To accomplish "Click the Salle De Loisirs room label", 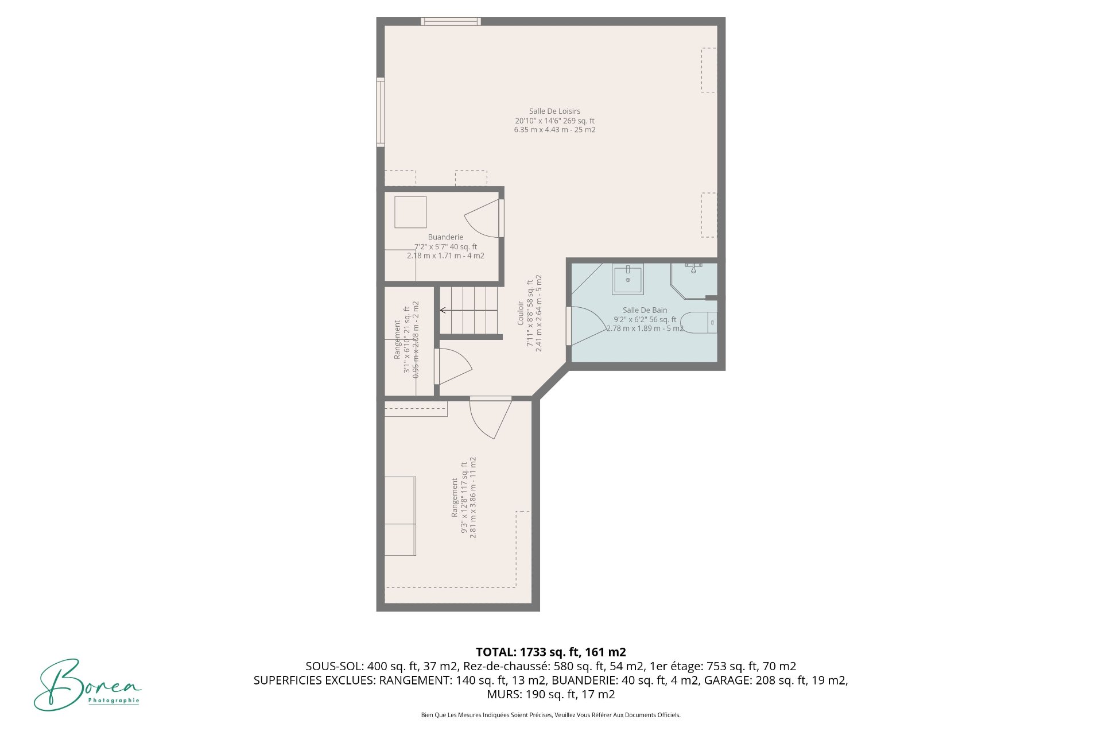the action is point(554,111).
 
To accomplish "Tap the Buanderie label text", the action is point(445,237).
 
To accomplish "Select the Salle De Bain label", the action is point(645,310).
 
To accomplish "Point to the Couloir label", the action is point(521,313).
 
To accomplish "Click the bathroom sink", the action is point(628,279).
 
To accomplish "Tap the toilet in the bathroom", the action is point(699,323).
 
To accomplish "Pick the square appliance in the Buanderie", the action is point(410,212).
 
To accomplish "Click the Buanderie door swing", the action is point(482,218).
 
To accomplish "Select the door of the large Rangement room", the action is point(491,418).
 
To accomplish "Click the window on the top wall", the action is point(451,22).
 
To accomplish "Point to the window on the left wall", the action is point(381,112).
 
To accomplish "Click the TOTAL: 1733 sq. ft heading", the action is point(550,652).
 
